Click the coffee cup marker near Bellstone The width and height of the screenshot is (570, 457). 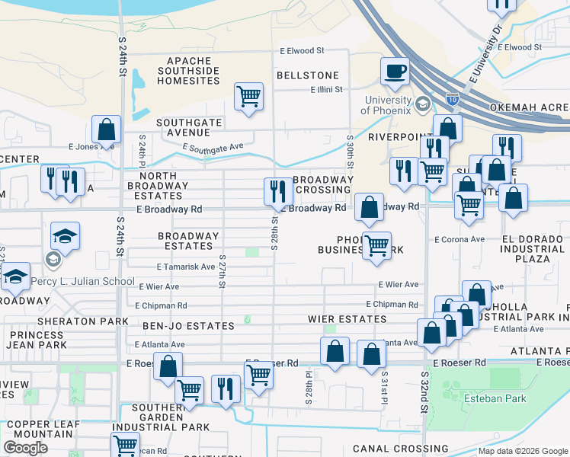point(395,72)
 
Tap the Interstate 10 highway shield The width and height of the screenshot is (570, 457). point(453,99)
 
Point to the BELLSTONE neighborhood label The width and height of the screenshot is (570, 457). point(307,75)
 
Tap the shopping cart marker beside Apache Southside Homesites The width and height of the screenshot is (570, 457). point(248,97)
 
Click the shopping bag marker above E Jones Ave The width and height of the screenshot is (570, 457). point(106,129)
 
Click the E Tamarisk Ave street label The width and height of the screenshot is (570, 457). point(186,267)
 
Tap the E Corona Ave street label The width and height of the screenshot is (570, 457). point(460,239)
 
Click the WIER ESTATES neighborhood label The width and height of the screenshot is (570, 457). point(347,318)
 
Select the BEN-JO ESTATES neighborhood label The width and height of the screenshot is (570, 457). point(188,326)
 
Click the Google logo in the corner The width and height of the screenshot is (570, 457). point(25,448)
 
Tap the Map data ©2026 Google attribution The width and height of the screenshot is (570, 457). point(523,451)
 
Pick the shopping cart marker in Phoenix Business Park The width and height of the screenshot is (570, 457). point(376,246)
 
